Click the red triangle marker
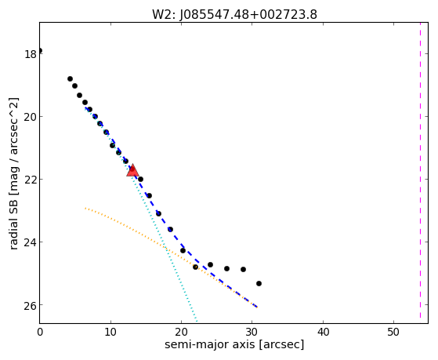click(x=132, y=171)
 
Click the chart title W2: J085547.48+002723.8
click(x=234, y=15)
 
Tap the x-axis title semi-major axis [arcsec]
click(x=234, y=344)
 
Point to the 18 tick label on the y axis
click(x=31, y=54)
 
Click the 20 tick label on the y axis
click(x=31, y=117)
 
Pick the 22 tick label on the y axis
click(x=31, y=180)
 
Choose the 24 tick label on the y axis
click(x=31, y=242)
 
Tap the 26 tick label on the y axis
click(x=31, y=305)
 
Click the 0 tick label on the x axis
click(x=40, y=332)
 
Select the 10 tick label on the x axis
click(x=110, y=332)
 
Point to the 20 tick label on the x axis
click(x=182, y=332)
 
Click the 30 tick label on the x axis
click(x=252, y=332)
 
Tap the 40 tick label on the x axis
click(x=323, y=332)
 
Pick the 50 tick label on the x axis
click(x=394, y=332)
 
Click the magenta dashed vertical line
click(x=420, y=173)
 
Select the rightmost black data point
click(x=259, y=283)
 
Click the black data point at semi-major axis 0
click(x=40, y=51)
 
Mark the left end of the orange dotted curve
click(x=85, y=208)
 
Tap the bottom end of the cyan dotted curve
click(x=197, y=322)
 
